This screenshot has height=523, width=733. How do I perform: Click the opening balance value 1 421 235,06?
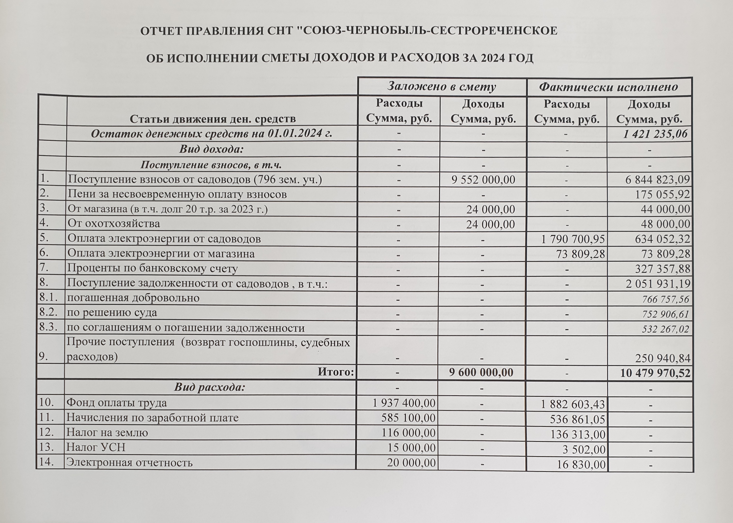(x=655, y=134)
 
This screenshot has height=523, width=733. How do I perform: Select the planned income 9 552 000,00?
(x=483, y=180)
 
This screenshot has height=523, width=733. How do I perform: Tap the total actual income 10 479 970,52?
(x=655, y=373)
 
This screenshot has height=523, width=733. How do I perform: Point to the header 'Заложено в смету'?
(x=441, y=87)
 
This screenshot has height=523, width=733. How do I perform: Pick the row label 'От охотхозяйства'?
(x=114, y=224)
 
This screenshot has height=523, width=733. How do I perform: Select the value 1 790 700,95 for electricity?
(x=573, y=239)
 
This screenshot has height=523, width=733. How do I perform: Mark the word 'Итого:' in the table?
(x=336, y=372)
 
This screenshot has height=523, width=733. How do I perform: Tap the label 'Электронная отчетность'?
(x=129, y=463)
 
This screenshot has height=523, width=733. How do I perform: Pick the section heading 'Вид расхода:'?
(x=210, y=387)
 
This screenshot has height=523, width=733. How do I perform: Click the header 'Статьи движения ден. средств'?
(x=213, y=119)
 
